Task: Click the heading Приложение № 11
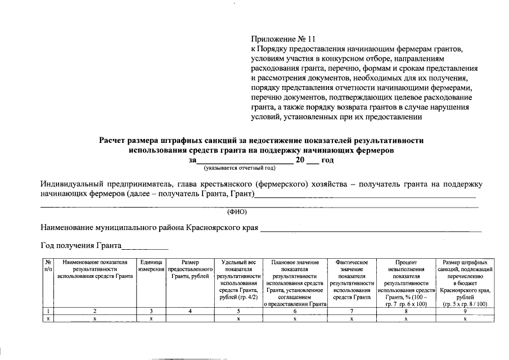tap(283, 39)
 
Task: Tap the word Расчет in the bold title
tap(116, 141)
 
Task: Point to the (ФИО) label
tap(237, 212)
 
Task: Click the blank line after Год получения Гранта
tap(145, 246)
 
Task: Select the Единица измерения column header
tap(151, 265)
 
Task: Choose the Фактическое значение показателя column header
tap(351, 280)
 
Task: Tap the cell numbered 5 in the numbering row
tap(238, 310)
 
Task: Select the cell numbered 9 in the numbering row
tap(465, 310)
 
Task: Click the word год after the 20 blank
tap(327, 160)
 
